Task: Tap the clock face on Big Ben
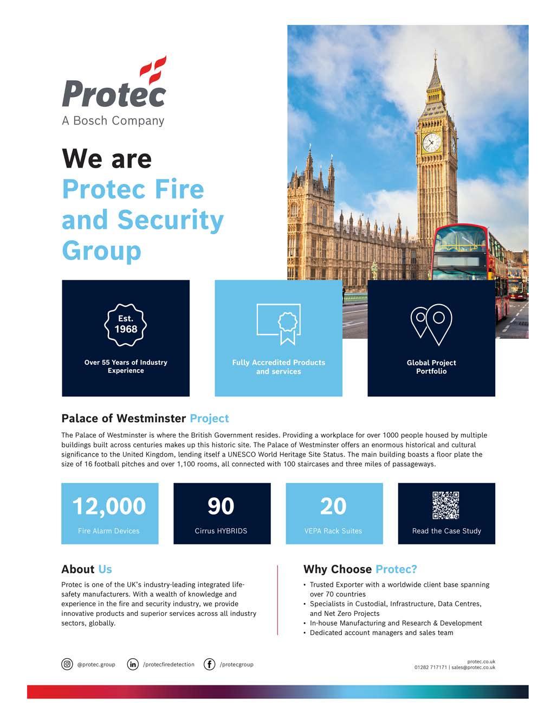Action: point(431,143)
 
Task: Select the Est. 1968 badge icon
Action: point(126,324)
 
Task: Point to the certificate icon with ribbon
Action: point(278,323)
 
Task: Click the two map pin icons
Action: point(431,324)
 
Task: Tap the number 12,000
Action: point(109,506)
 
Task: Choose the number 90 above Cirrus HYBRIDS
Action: point(221,506)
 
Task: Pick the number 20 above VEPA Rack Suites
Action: point(333,506)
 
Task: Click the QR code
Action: point(446,505)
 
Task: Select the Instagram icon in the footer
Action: point(67,664)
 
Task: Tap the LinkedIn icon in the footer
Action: point(133,664)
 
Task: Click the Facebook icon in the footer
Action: point(210,664)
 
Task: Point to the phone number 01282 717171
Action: point(431,667)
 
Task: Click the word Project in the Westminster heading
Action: point(209,419)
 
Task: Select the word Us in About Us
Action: point(105,569)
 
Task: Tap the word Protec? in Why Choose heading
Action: point(396,569)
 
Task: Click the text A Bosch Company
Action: point(113,120)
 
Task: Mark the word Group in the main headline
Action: point(101,250)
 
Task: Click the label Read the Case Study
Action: point(446,531)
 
